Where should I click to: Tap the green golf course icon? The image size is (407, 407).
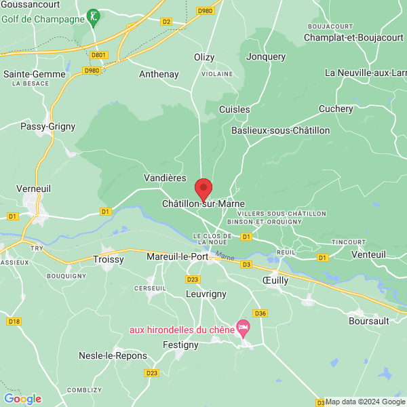(x=94, y=15)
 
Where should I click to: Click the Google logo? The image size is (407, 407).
(x=22, y=399)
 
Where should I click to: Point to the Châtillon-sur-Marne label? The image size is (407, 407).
(x=203, y=203)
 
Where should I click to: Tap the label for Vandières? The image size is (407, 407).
(x=165, y=178)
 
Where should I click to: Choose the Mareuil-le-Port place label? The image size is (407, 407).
(x=176, y=257)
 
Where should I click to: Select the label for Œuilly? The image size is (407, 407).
(x=275, y=279)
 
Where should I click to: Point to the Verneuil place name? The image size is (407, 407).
(x=34, y=188)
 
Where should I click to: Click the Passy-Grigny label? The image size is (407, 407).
(x=47, y=126)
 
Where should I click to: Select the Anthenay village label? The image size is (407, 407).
(x=158, y=74)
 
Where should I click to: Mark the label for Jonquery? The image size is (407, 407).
(x=266, y=57)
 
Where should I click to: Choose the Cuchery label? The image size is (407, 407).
(x=336, y=109)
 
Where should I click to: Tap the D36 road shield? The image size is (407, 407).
(x=259, y=313)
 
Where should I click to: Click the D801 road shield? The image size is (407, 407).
(x=99, y=55)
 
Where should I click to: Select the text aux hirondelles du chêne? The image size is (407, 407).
(x=181, y=330)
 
